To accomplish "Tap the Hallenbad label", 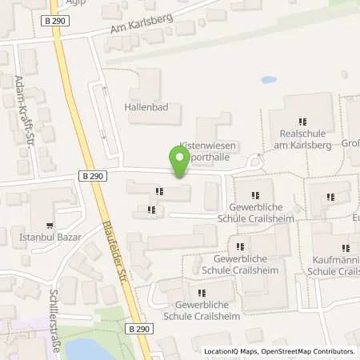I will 145,107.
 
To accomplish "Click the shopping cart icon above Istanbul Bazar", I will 50,226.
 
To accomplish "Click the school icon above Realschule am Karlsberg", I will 301,121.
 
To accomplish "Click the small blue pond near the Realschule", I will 268,80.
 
